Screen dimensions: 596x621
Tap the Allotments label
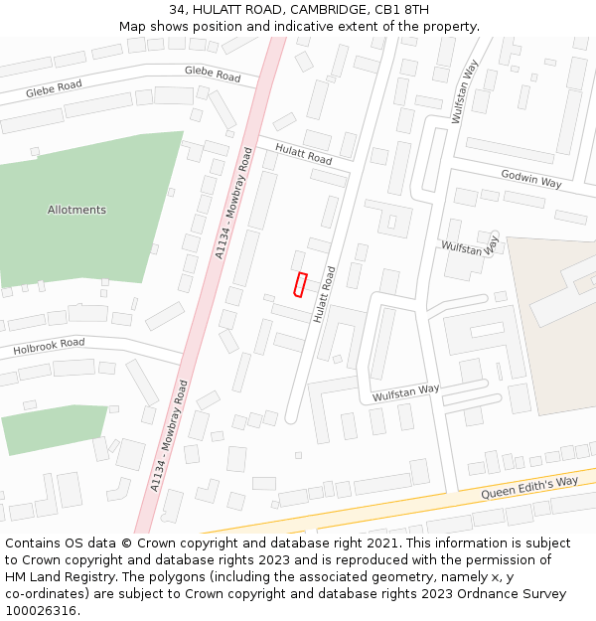click(76, 210)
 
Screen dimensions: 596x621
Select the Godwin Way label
click(531, 179)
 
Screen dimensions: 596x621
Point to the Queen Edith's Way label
click(529, 488)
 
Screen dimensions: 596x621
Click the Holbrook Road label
click(49, 347)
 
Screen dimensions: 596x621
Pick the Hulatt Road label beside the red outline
click(324, 294)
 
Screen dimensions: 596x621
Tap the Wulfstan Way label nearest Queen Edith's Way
click(405, 392)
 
